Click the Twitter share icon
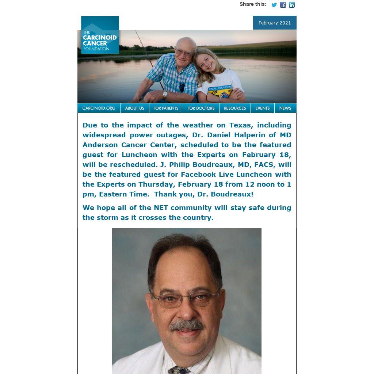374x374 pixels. click(x=274, y=5)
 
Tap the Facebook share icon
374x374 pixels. click(x=283, y=5)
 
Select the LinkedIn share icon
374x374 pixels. click(x=292, y=5)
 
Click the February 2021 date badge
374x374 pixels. click(x=275, y=23)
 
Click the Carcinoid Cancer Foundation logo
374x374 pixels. click(x=100, y=35)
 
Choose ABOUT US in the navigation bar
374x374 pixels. click(x=134, y=108)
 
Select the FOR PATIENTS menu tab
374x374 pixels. click(x=166, y=108)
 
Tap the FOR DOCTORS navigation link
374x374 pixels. click(x=201, y=108)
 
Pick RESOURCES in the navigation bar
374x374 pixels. click(x=235, y=108)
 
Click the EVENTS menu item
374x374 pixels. click(x=262, y=108)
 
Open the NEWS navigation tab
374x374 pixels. click(x=285, y=108)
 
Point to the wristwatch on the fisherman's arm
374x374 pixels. click(x=165, y=95)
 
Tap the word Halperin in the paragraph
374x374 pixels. click(x=249, y=135)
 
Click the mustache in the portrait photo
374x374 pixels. click(x=187, y=325)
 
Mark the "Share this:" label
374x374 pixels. click(x=253, y=4)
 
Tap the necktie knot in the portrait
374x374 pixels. click(x=179, y=370)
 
